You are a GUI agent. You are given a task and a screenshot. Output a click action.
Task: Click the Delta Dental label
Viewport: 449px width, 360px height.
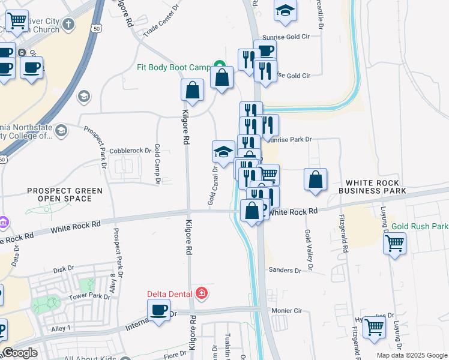170,294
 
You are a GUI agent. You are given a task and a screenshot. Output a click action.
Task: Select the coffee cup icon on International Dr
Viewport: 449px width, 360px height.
159,310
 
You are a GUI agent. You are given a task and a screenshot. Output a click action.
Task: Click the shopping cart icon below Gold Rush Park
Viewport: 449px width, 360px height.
394,243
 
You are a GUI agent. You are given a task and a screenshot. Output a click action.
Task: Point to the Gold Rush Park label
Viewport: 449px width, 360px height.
420,227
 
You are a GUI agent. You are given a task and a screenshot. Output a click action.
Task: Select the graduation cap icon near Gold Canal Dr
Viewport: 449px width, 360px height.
223,152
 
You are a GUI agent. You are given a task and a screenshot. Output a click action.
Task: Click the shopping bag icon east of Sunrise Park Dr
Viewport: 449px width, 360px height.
315,179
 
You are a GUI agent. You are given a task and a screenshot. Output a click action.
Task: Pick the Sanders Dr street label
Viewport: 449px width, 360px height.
285,271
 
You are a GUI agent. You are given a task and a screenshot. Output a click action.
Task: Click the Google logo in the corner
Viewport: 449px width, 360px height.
20,353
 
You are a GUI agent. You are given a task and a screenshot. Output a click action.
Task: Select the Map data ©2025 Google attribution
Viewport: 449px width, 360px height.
411,355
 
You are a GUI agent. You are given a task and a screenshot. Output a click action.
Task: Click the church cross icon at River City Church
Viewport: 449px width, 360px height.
68,25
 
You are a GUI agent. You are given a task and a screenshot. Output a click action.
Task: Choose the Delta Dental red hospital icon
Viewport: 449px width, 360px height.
202,293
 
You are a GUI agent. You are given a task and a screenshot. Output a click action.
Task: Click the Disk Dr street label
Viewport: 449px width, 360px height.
63,269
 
